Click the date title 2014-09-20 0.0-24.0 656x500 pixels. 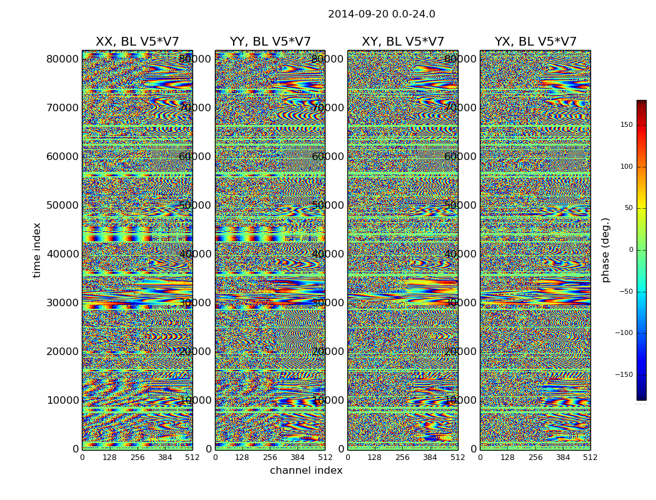[381, 14]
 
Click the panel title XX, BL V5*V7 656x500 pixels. [137, 42]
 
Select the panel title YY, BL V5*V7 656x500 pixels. [270, 42]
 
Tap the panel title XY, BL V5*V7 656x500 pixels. [402, 42]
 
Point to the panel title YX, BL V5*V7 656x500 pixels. [535, 42]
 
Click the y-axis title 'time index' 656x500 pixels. [37, 250]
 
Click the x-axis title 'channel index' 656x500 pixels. [306, 471]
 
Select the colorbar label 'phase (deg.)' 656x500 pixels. [605, 250]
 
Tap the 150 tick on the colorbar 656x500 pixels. [626, 125]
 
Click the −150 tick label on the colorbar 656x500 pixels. [624, 375]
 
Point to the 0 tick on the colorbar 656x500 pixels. [630, 250]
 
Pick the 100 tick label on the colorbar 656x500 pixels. [626, 167]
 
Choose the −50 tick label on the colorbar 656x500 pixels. [625, 291]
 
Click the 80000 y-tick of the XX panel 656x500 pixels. [62, 59]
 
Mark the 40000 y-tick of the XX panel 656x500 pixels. [62, 254]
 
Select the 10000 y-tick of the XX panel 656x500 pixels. [62, 400]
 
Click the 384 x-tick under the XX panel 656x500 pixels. [165, 457]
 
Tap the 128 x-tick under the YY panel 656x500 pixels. [242, 457]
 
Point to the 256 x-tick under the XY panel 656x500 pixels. [402, 457]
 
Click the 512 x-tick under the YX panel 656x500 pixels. [590, 457]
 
